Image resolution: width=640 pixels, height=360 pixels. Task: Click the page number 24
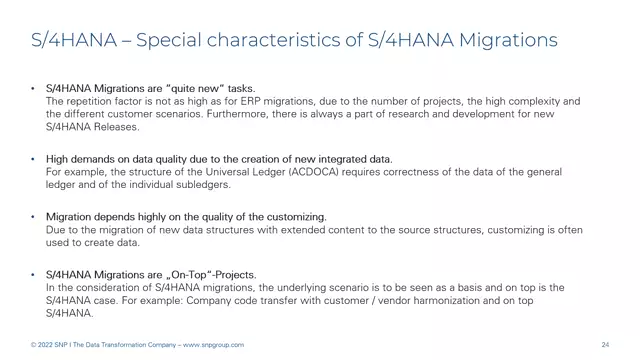[605, 345]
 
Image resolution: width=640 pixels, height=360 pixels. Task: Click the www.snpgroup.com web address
[212, 345]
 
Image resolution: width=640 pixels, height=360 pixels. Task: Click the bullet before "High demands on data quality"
[33, 159]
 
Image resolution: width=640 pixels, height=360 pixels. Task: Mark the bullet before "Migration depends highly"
[33, 216]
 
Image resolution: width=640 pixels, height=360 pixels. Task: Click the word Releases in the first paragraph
[116, 127]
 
